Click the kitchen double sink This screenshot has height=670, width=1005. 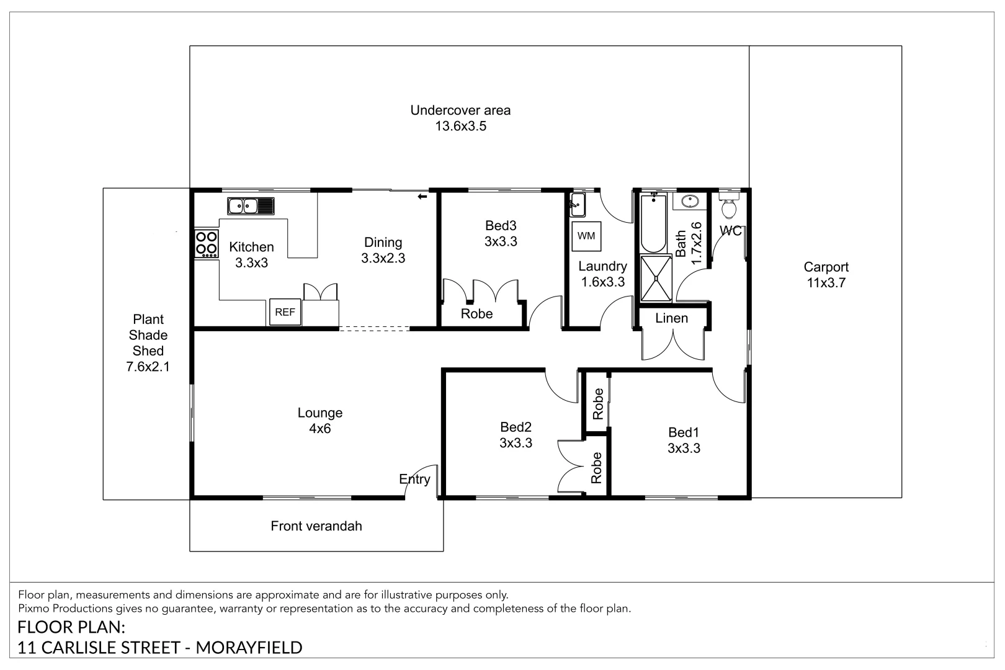click(251, 206)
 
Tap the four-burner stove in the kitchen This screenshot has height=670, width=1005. click(207, 243)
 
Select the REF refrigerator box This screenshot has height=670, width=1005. click(285, 312)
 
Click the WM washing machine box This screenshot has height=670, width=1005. click(586, 236)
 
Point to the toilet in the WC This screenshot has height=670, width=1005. click(729, 206)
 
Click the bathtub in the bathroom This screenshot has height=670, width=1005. click(653, 223)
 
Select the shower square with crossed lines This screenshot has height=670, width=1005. click(656, 278)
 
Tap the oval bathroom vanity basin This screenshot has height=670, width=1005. click(690, 202)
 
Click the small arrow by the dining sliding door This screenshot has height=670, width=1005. click(422, 197)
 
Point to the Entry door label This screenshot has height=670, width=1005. click(414, 480)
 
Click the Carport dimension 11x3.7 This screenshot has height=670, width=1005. click(826, 283)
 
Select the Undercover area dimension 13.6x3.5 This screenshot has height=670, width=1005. click(461, 126)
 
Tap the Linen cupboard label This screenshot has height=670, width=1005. click(671, 318)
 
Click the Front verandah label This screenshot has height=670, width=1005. click(316, 526)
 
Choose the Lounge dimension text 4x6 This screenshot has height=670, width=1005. click(320, 429)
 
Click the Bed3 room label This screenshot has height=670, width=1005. click(501, 225)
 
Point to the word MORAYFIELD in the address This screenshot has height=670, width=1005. click(249, 648)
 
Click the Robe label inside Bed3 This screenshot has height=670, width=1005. click(476, 314)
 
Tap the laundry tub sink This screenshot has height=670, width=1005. click(578, 205)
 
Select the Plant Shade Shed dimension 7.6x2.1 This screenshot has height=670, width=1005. click(148, 367)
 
